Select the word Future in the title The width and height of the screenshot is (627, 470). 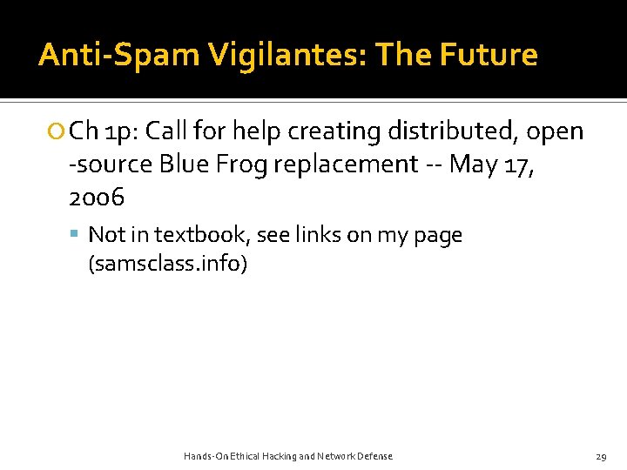(x=489, y=56)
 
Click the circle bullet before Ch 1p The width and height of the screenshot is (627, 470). (x=57, y=132)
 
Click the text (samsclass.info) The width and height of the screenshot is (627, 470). (x=168, y=264)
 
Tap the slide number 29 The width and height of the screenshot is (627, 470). (x=601, y=456)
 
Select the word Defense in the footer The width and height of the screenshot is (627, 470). (x=374, y=456)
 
